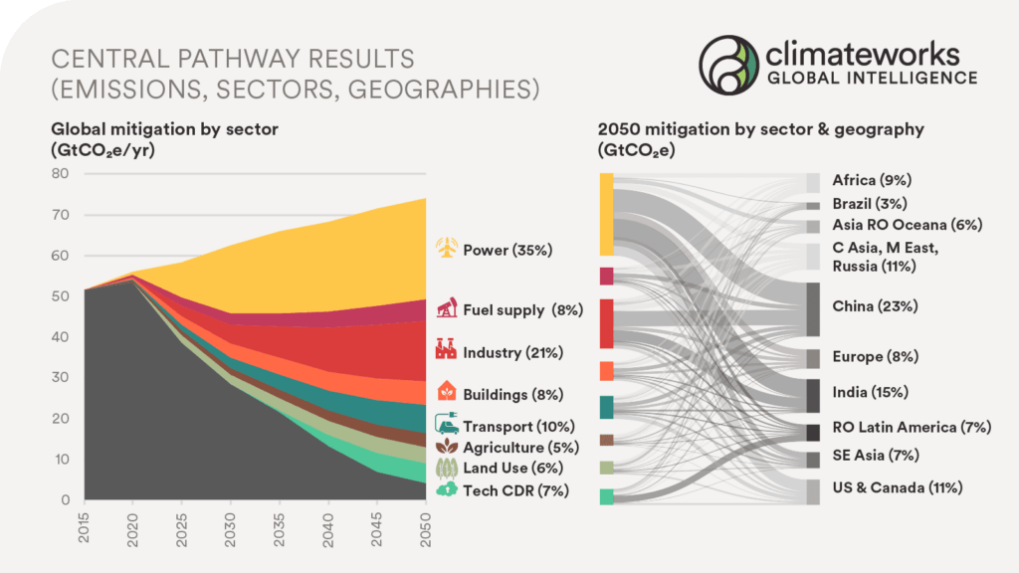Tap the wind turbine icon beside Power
click(448, 249)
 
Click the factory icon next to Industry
click(447, 351)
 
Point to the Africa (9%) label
click(872, 180)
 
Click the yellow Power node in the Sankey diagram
click(606, 214)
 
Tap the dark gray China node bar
click(813, 308)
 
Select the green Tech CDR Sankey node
click(606, 496)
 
